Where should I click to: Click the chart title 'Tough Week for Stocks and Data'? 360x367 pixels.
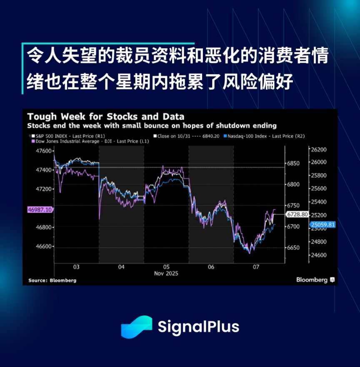tap(106, 117)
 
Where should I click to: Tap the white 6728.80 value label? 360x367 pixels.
tap(297, 214)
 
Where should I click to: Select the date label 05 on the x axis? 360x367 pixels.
tap(166, 267)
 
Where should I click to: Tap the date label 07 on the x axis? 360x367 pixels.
tap(256, 267)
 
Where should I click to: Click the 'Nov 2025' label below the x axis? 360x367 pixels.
tap(166, 273)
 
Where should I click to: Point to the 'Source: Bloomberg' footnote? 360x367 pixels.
tap(52, 280)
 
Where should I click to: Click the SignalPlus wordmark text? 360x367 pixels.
tap(198, 326)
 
